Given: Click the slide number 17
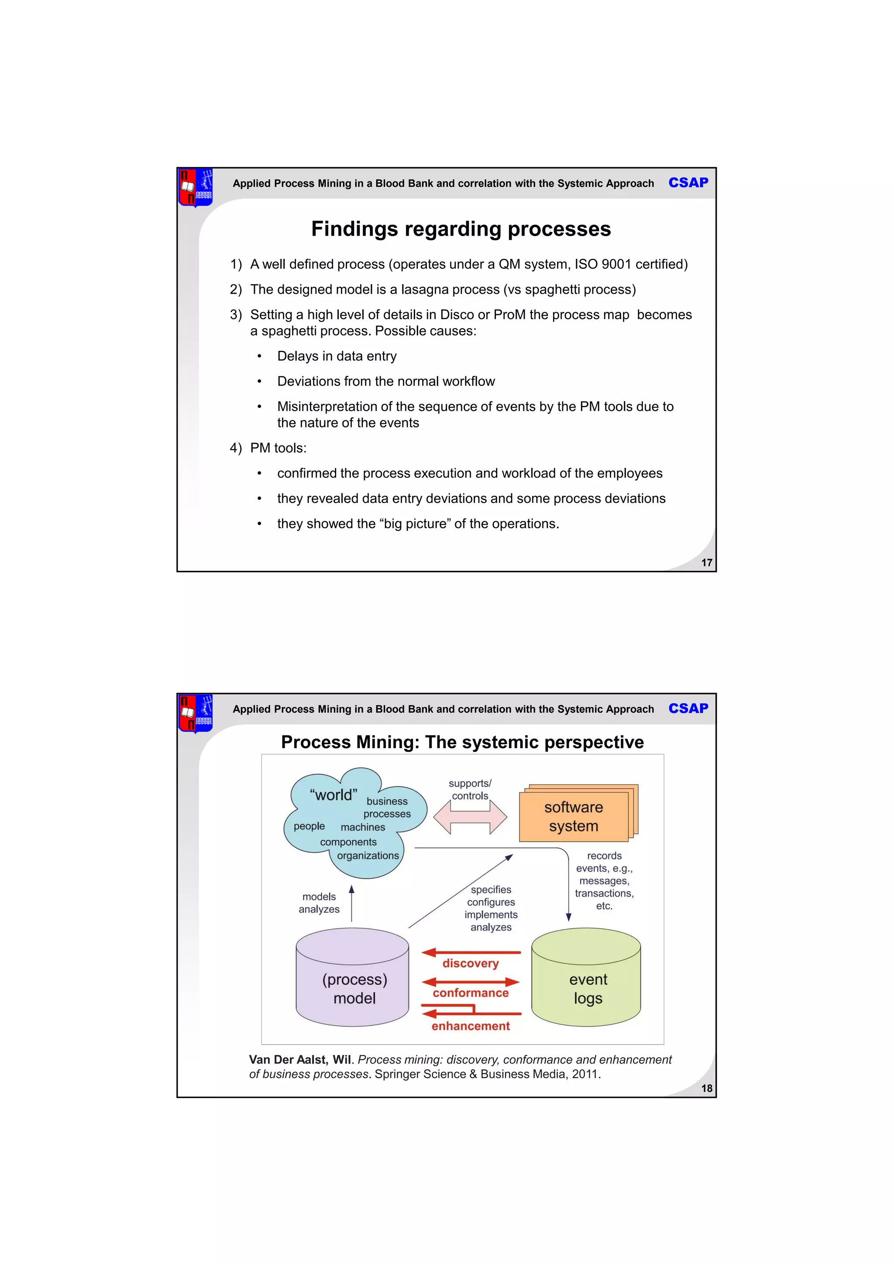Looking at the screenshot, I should tap(706, 563).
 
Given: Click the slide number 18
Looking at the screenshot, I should tap(706, 1089).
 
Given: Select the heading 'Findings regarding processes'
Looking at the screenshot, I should tap(461, 229).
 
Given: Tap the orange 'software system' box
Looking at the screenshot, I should tap(574, 817).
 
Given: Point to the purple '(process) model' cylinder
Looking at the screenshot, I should tap(352, 986).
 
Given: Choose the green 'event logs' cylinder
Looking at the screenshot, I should tap(586, 986).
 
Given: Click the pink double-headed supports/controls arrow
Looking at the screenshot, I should tap(470, 817).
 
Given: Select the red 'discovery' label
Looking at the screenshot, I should tap(470, 963).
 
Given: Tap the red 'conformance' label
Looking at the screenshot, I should tap(471, 993).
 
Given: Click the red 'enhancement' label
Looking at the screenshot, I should tap(471, 1026).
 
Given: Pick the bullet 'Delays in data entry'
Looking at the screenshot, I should tap(337, 356).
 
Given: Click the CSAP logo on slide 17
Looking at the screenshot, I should tap(688, 183).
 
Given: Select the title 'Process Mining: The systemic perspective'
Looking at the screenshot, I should tap(462, 742).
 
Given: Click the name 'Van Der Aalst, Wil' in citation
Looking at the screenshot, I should tap(300, 1060).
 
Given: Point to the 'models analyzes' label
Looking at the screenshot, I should tap(319, 903).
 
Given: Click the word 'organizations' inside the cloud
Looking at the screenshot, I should tap(368, 855).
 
